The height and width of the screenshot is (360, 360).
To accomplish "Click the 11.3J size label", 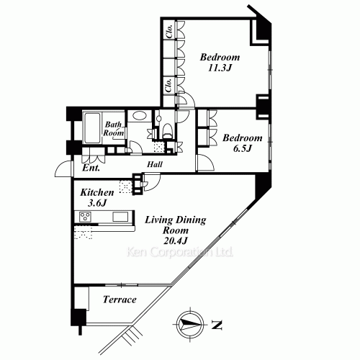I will (x=220, y=69).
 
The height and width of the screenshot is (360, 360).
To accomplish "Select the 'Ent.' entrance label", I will (x=90, y=168).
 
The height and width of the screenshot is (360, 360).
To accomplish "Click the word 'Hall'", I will (x=154, y=164).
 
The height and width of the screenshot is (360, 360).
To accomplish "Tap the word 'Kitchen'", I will (x=96, y=192).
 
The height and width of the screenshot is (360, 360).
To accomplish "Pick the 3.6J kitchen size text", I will (x=96, y=204).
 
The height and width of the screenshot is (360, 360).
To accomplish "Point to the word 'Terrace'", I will (x=120, y=300).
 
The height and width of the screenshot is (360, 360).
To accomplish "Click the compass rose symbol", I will (x=189, y=324).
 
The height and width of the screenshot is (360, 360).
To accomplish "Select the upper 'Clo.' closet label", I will (x=168, y=33).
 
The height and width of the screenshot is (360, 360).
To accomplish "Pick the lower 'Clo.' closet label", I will (x=168, y=85).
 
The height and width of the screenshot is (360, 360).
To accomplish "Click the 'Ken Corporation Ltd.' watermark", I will (x=180, y=253).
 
